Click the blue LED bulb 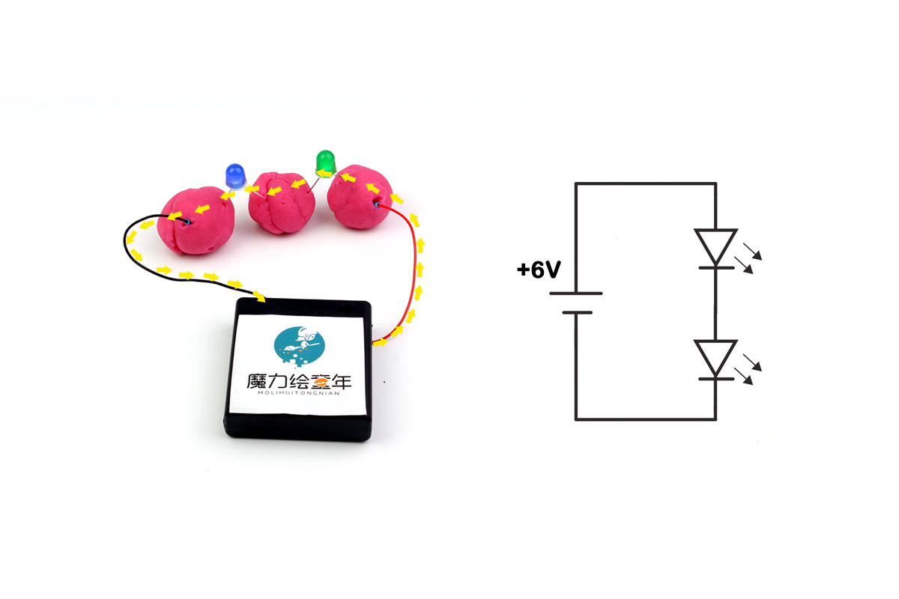tap(235, 176)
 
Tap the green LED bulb tap(325, 162)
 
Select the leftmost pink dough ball tap(196, 220)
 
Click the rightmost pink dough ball tap(360, 197)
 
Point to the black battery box tap(298, 370)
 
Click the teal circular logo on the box tap(299, 346)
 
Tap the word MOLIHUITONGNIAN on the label tap(299, 393)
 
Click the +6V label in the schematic tap(539, 270)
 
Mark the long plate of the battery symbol tap(576, 294)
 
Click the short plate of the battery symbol tap(577, 312)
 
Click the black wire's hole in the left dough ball tap(187, 222)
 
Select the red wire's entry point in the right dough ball tap(376, 204)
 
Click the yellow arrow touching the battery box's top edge tap(259, 297)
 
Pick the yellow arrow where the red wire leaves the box tap(380, 342)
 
